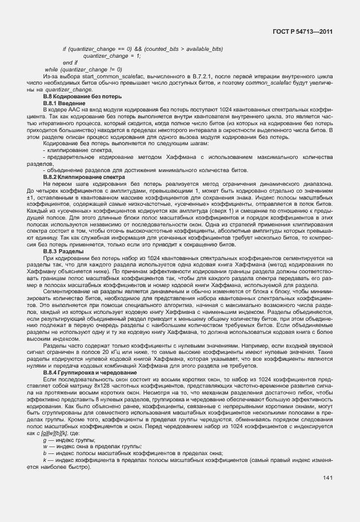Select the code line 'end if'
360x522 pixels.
tap(70, 62)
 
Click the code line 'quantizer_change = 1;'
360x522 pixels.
tap(112, 55)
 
